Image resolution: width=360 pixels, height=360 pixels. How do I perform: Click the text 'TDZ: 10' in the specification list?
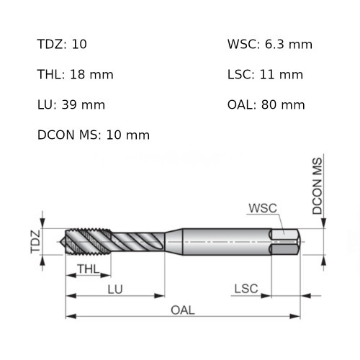[62, 45]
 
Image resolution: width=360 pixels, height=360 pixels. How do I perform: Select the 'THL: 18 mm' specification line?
[76, 74]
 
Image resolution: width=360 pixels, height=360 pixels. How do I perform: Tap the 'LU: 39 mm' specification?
[71, 104]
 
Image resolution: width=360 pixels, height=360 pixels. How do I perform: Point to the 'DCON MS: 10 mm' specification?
[93, 135]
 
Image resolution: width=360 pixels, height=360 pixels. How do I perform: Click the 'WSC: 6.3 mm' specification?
[270, 45]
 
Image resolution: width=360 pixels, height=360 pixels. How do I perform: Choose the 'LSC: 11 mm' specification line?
[265, 74]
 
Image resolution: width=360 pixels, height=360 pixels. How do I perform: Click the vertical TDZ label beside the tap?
[35, 241]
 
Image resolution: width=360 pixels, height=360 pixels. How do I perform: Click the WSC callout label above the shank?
[262, 208]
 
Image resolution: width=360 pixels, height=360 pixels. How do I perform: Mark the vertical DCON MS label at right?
[318, 185]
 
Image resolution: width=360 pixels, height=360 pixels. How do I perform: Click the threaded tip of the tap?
[72, 242]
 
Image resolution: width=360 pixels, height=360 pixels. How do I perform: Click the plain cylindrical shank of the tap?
[223, 241]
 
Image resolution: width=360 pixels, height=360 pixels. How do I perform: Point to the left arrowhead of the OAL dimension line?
[70, 315]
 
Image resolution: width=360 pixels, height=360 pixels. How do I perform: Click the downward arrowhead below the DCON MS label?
[325, 223]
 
